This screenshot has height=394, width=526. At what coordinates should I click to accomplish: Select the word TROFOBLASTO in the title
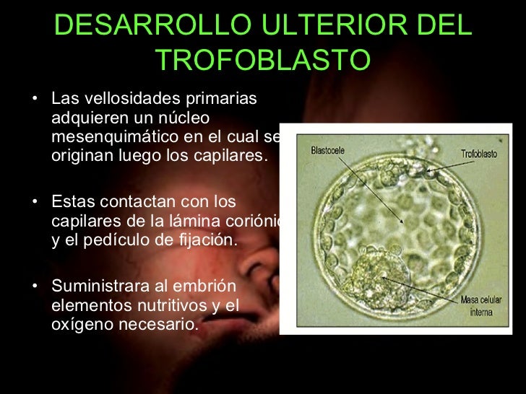[x=262, y=61]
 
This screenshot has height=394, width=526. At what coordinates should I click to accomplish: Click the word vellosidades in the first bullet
[x=121, y=99]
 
